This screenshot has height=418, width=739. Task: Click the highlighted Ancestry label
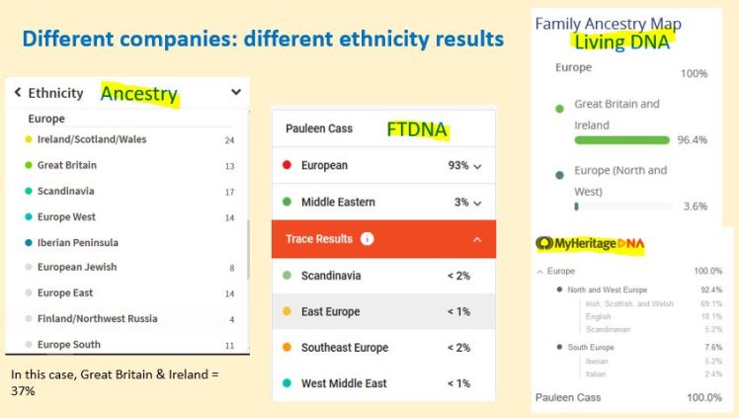[x=138, y=94]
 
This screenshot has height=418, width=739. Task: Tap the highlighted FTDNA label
[x=416, y=129]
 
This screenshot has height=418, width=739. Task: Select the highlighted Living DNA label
[x=621, y=42]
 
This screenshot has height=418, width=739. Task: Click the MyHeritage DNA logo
[x=590, y=243]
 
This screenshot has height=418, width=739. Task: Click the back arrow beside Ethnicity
[x=18, y=93]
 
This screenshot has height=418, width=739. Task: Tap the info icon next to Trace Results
[x=367, y=239]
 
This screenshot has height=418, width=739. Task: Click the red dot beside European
[x=286, y=166]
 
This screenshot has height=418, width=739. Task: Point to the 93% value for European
[x=457, y=166]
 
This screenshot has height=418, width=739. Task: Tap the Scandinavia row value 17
[x=229, y=192]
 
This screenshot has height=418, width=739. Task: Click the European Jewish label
[x=77, y=267]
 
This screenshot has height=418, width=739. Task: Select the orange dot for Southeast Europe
[x=286, y=348]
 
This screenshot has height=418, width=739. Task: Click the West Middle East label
[x=344, y=383]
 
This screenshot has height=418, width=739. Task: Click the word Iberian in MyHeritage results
[x=597, y=362]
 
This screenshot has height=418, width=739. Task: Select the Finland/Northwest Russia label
[x=97, y=318]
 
